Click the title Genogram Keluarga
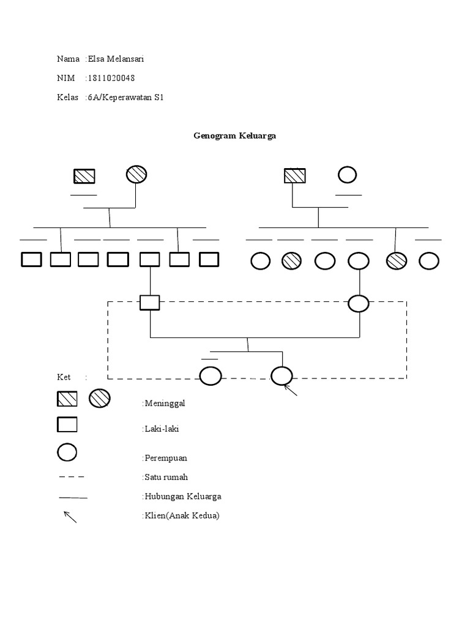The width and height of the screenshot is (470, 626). [x=234, y=136]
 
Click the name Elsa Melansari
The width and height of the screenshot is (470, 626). [x=116, y=59]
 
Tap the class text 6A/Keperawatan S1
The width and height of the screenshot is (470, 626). [x=125, y=97]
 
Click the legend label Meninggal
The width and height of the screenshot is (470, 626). [x=163, y=403]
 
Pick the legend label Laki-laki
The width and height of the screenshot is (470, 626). [x=162, y=429]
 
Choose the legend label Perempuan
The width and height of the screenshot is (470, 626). [x=165, y=457]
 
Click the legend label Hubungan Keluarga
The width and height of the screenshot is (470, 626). [x=182, y=496]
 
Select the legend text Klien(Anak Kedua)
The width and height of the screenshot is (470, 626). [x=181, y=515]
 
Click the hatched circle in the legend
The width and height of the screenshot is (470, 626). [x=99, y=399]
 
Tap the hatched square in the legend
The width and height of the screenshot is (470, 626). [x=67, y=399]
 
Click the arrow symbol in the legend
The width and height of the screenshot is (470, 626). [x=70, y=517]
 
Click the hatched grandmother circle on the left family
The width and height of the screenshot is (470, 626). [x=136, y=174]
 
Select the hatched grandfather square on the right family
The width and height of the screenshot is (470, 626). [x=294, y=175]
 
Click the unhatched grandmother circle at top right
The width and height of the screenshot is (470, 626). [x=348, y=175]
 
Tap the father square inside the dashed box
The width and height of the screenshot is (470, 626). [x=149, y=303]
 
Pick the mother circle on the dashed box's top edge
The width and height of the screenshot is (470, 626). [x=359, y=303]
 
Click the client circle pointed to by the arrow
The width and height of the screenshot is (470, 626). [x=282, y=376]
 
